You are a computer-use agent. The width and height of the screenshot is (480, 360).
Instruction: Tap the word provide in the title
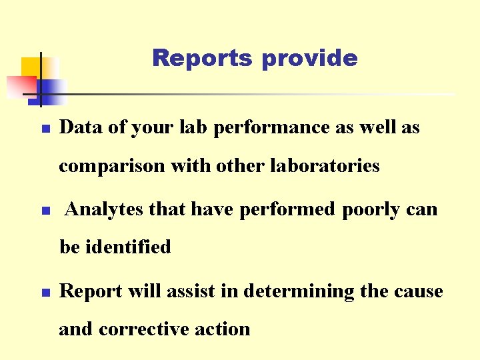(309, 59)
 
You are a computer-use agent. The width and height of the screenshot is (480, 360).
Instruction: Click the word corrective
(153, 329)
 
